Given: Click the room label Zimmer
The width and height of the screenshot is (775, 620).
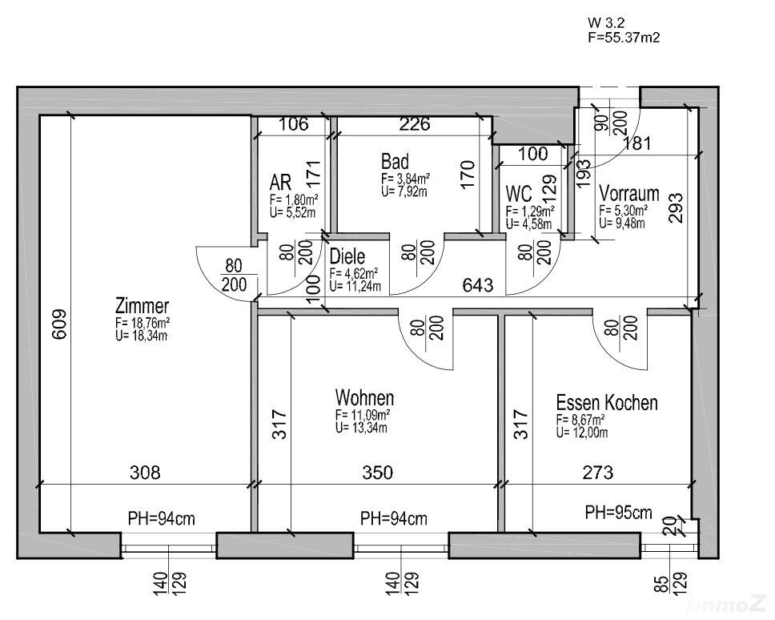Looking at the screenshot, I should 143,306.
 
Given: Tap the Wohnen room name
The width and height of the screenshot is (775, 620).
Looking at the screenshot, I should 364,398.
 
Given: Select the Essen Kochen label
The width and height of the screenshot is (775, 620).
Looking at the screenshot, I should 607,402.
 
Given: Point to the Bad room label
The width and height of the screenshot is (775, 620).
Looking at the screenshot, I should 395,162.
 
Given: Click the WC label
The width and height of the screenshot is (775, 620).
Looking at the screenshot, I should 519,194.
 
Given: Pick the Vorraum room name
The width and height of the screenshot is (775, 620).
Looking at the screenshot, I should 629,193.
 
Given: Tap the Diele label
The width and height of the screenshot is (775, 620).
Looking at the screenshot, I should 347,257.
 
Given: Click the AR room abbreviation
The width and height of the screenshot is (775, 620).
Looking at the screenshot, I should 280,180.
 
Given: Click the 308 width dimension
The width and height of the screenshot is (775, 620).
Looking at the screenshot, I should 145,473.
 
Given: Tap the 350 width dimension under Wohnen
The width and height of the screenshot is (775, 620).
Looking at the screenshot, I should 377,473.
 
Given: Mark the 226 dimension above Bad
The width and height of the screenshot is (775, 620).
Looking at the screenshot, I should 415,124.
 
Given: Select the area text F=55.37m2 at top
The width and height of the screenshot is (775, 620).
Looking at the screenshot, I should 624,37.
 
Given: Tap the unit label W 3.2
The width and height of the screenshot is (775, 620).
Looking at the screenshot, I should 605,22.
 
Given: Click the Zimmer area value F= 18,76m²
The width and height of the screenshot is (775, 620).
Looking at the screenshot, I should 142,324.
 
